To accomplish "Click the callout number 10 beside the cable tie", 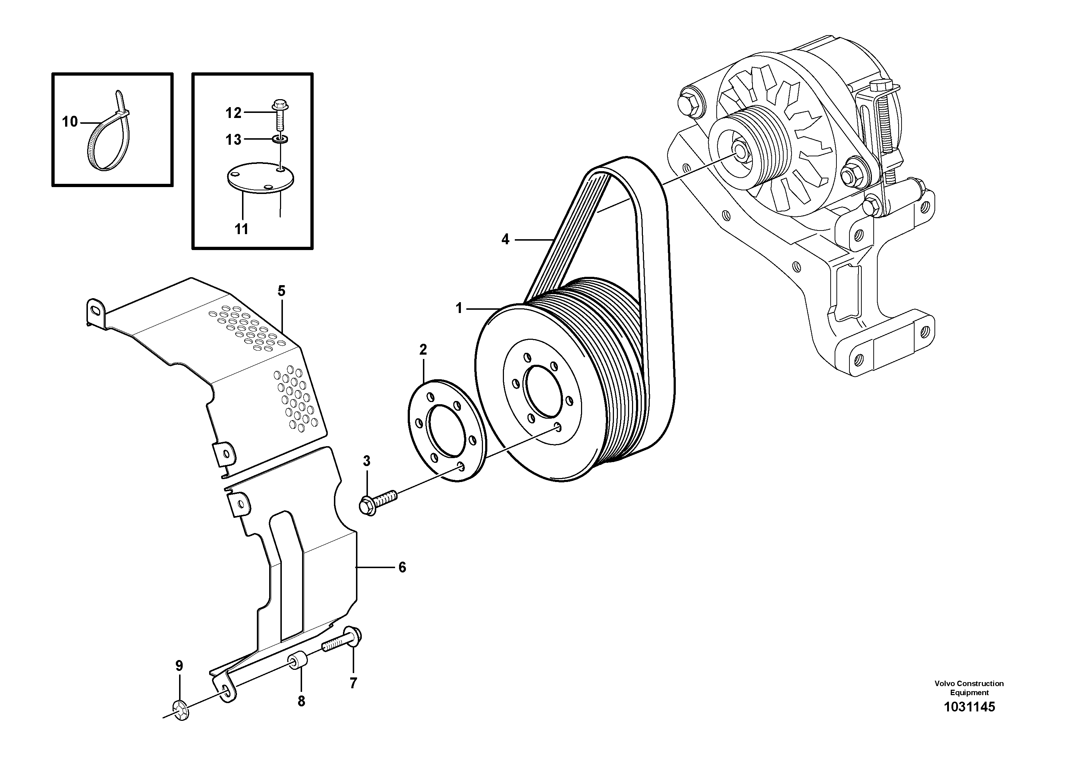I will tap(69, 122).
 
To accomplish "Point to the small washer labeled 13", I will tap(280, 139).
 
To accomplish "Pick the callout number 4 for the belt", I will tap(505, 240).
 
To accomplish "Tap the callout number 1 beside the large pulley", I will tap(459, 308).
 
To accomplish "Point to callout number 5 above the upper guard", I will tap(281, 291).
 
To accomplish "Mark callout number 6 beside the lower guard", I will tap(402, 567).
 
